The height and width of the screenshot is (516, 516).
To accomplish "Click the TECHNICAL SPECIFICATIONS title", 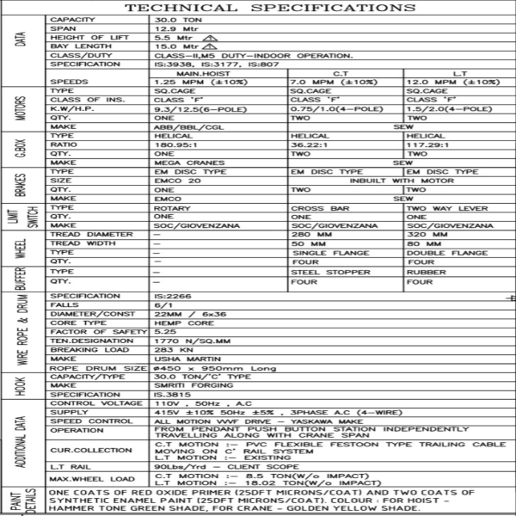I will click(x=258, y=8).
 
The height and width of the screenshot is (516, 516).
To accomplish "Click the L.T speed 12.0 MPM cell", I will click(x=452, y=82).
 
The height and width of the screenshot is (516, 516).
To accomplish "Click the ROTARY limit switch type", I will click(x=171, y=208).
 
